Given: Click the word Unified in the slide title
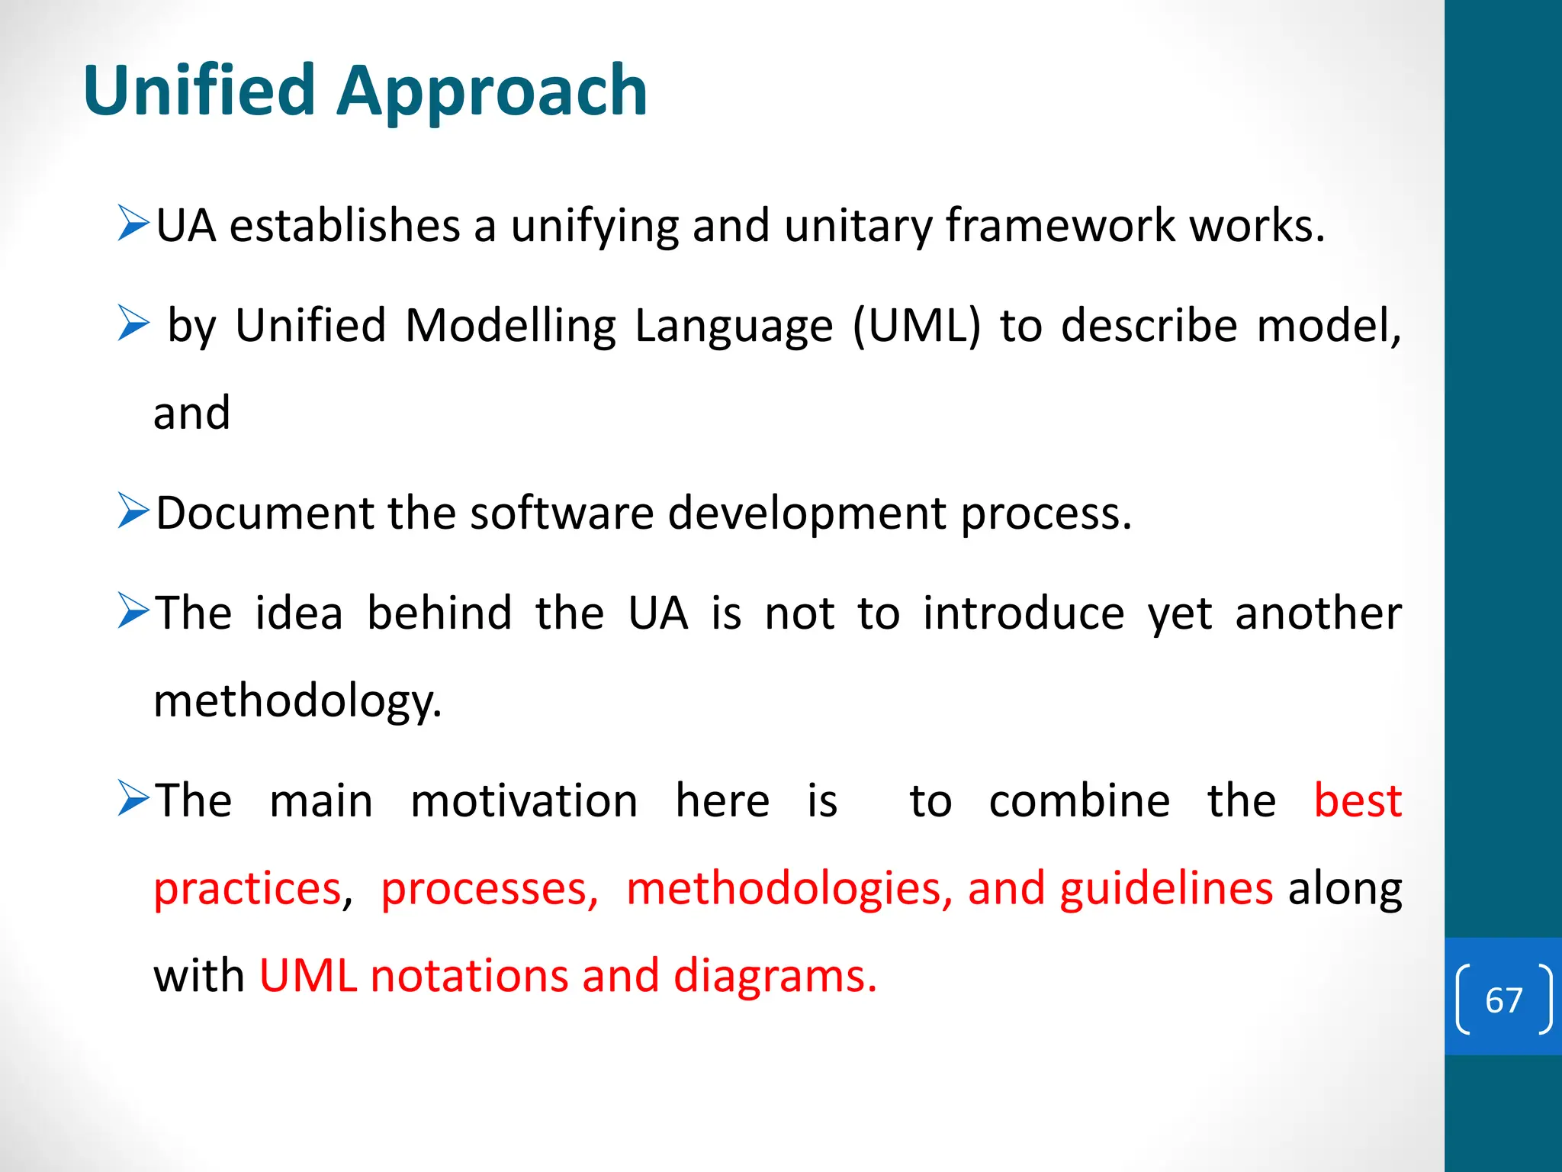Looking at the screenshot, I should pos(199,91).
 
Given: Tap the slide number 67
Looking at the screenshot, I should pos(1503,1000).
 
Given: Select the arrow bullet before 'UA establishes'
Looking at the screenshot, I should pos(133,224).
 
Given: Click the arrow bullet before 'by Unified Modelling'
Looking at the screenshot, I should pos(133,324).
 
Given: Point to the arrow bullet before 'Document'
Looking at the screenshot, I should pos(133,511).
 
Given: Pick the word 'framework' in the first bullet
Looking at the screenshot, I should pos(1060,226).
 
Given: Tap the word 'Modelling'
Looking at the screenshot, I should pos(510,327).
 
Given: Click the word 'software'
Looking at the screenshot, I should pos(561,513).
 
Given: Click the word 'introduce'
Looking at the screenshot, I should pos(1024,613).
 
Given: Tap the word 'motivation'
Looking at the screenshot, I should pos(524,801).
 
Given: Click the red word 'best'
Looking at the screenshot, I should pos(1358,801).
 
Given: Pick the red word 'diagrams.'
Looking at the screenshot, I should pos(775,977).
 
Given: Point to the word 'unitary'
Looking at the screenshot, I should pos(857,227).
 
